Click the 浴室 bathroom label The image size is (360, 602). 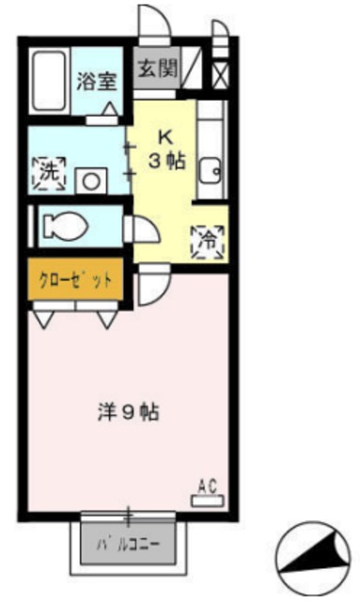(98, 79)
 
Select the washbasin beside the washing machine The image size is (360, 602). (93, 178)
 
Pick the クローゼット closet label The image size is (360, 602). (76, 279)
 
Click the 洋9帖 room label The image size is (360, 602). (127, 410)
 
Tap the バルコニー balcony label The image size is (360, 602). (128, 545)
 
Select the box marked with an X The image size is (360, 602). (219, 74)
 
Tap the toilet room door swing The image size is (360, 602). (142, 230)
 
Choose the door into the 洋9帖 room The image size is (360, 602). (153, 283)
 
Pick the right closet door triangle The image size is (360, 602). (107, 318)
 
